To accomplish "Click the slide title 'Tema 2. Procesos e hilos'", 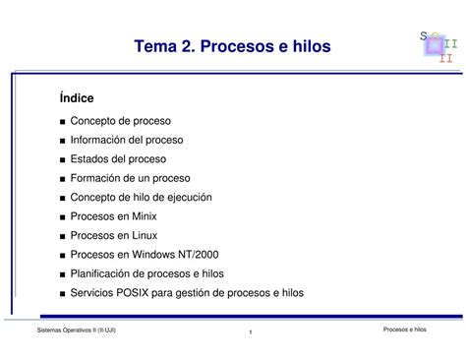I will tap(233, 46).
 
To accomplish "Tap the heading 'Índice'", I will tap(76, 98).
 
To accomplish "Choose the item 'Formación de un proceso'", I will tap(129, 178).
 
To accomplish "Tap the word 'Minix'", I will tap(141, 216).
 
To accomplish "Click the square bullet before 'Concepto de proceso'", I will tap(62, 122).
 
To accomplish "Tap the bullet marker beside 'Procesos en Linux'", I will tap(62, 236).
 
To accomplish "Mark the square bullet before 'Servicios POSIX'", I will tap(62, 293).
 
